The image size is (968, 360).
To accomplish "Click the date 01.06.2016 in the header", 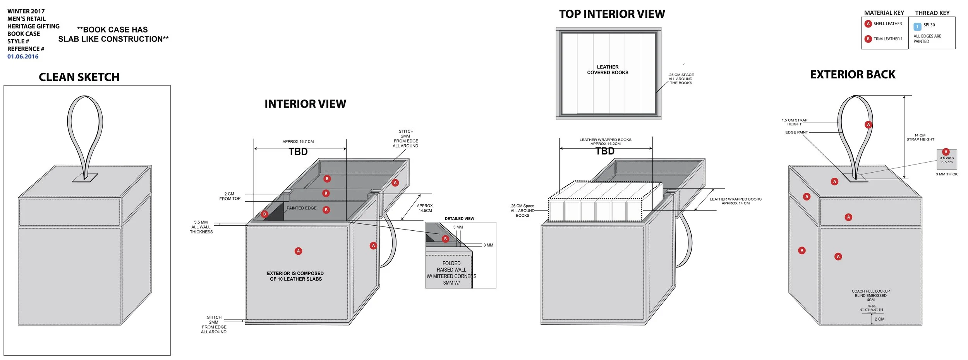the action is (23, 57).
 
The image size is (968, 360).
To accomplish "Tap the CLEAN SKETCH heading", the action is (79, 77).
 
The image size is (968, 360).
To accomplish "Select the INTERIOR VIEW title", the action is (305, 104).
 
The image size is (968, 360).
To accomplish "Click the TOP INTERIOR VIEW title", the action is (612, 14).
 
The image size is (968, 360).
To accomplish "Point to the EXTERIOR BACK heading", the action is (853, 74).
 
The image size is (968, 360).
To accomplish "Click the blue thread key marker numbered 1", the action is (917, 27).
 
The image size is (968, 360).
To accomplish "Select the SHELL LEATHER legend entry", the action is (887, 24).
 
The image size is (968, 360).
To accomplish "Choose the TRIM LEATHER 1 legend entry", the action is (887, 39).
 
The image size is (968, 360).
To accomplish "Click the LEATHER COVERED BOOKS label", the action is (608, 70).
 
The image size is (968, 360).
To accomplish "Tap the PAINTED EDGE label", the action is (301, 208).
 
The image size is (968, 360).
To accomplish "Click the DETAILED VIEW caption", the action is (459, 219).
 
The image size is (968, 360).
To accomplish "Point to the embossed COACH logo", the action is (872, 309).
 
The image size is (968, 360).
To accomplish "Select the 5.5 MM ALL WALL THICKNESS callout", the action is (201, 227).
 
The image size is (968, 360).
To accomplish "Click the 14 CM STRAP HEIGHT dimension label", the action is (920, 137).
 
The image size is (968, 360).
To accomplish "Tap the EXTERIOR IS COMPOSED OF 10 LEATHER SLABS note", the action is (295, 276).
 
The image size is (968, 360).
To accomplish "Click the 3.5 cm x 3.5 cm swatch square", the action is (947, 159).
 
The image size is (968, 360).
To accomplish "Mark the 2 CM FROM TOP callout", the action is (230, 196).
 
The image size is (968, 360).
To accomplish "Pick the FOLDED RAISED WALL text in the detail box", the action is (451, 267).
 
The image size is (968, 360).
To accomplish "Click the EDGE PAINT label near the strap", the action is (796, 132).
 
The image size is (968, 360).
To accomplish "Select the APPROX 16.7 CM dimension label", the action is (298, 142).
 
